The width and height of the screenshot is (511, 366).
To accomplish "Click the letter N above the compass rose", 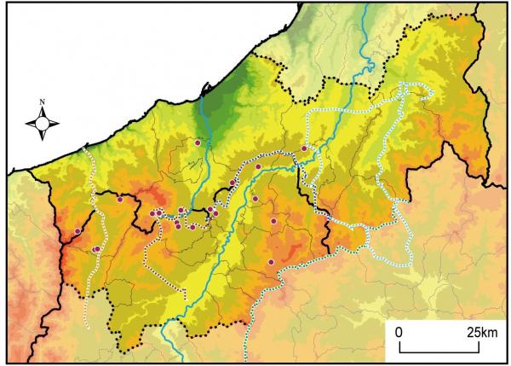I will click(x=42, y=104).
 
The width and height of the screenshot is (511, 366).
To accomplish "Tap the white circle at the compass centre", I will click(x=42, y=123).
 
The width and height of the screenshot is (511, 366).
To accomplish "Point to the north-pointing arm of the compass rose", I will click(x=42, y=113).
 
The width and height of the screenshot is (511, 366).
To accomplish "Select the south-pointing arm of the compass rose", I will click(x=42, y=134).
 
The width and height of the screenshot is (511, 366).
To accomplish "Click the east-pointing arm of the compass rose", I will click(x=53, y=123).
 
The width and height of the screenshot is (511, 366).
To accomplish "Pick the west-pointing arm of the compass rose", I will click(x=31, y=123).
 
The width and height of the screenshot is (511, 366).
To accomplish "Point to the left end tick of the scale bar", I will click(x=399, y=347).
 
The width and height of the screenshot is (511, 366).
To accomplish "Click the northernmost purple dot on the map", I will click(x=198, y=144).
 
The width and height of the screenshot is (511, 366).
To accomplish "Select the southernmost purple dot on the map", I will click(x=271, y=262).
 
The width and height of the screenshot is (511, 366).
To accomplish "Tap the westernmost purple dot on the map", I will click(x=78, y=231).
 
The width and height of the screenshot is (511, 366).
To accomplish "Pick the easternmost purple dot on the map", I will click(x=304, y=148).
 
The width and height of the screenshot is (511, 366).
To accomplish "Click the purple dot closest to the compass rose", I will click(x=120, y=200).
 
